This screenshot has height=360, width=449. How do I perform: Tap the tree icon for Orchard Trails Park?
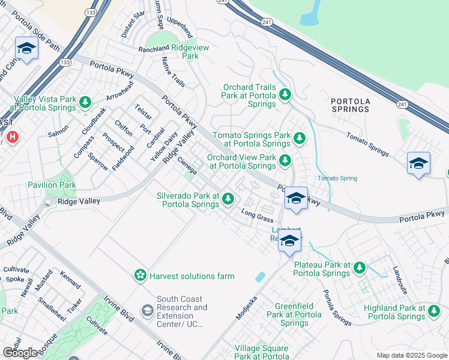point(285,95)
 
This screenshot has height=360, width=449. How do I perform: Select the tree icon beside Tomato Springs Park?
point(299,139)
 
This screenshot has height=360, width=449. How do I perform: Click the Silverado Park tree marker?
point(228,199)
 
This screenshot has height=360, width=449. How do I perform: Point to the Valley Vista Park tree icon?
point(85,103)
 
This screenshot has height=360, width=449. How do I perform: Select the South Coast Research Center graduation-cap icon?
point(146,311)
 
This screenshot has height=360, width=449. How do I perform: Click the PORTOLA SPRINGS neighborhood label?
point(350,105)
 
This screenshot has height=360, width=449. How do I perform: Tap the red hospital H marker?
point(13,137)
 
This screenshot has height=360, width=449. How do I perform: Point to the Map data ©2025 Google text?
point(411,355)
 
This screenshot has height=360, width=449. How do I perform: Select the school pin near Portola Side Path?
point(26,48)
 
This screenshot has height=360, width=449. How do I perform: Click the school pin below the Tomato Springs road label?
point(418,163)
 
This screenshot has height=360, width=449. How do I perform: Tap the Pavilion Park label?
point(52,185)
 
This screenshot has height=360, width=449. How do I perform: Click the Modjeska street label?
point(247,307)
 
